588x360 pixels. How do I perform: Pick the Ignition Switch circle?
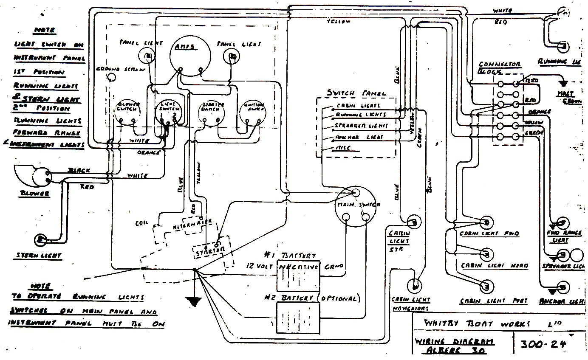pos(254,112)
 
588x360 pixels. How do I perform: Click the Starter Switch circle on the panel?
pos(211,113)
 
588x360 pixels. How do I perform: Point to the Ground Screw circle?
pos(112,77)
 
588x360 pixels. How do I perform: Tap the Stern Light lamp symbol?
pos(40,240)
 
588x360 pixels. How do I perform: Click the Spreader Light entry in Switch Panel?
pos(362,126)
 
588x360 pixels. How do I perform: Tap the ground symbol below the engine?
pos(195,301)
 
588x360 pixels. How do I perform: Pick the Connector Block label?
pos(499,67)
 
